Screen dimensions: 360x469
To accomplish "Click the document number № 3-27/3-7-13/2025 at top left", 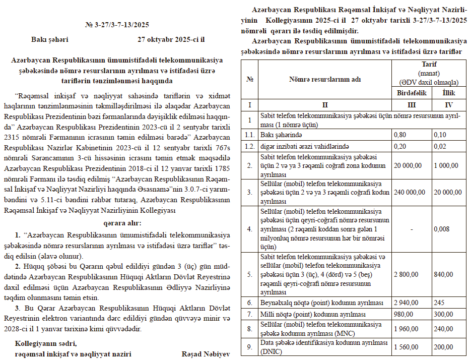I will [117, 24].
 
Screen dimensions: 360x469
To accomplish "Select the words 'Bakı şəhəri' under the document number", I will [50, 39].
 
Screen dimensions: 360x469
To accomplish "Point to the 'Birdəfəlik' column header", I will [412, 93].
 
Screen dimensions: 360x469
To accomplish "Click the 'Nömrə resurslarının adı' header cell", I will [325, 80].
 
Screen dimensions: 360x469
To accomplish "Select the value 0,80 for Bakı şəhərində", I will [400, 135].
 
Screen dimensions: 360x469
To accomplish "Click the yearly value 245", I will [439, 303].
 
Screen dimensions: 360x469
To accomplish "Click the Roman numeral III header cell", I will [412, 105].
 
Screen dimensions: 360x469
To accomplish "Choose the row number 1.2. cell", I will [249, 146].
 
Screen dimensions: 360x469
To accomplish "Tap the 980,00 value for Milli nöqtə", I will [403, 314].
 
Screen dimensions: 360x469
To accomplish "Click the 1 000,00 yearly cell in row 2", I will [447, 165].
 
